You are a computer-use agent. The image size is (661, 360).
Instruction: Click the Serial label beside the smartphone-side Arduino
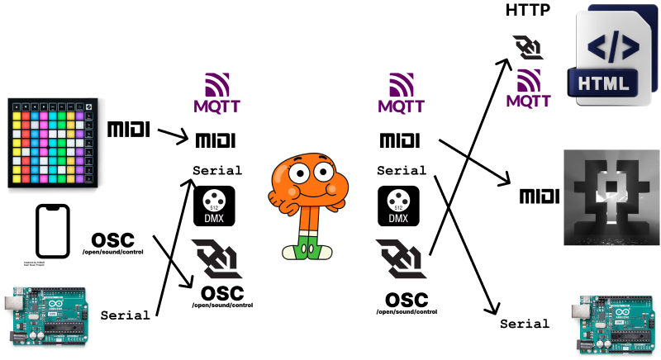click(125, 315)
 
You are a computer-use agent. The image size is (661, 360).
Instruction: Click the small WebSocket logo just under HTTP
click(528, 49)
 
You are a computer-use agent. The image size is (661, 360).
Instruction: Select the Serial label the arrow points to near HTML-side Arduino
click(525, 324)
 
